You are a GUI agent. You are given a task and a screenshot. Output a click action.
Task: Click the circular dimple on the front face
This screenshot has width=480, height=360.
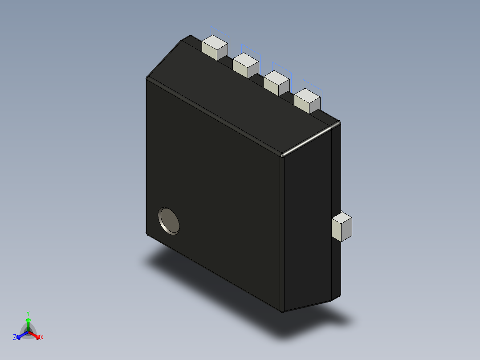[x=169, y=221]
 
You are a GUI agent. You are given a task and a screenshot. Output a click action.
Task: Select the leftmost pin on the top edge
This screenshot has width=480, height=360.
[x=215, y=48]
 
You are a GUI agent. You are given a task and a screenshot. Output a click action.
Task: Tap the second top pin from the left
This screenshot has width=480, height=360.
[x=245, y=65]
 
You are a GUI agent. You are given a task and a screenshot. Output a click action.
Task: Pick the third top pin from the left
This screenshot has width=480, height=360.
[x=277, y=82]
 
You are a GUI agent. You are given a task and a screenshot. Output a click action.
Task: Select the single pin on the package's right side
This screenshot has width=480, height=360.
[x=342, y=227]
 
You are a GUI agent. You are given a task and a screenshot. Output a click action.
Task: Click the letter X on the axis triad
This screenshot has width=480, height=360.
[x=42, y=338]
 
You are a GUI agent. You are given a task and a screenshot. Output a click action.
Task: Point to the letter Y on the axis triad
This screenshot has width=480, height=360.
[x=28, y=313]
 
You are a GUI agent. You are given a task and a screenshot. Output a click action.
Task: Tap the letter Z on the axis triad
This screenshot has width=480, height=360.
[x=15, y=338]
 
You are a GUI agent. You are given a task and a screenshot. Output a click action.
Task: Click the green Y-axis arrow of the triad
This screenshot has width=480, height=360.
[x=28, y=323]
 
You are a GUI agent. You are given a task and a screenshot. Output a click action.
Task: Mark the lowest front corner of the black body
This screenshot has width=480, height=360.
[x=282, y=311]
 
